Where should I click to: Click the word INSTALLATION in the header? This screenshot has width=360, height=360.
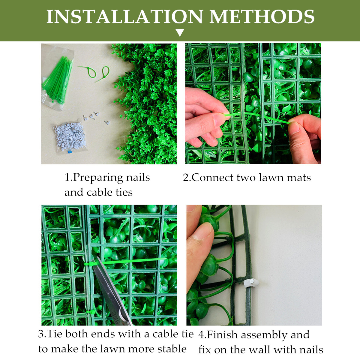coord(124,16)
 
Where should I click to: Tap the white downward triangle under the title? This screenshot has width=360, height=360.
coord(180,32)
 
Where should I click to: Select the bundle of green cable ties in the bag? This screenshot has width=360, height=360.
coord(57,80)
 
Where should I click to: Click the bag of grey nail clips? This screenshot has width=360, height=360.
coord(70,136)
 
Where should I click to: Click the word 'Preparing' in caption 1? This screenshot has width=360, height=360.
coord(98,178)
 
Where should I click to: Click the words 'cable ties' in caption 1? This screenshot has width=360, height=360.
coord(110,192)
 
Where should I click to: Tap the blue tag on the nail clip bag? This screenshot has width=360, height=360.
coord(70,152)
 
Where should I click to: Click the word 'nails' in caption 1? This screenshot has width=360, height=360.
coord(138,178)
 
